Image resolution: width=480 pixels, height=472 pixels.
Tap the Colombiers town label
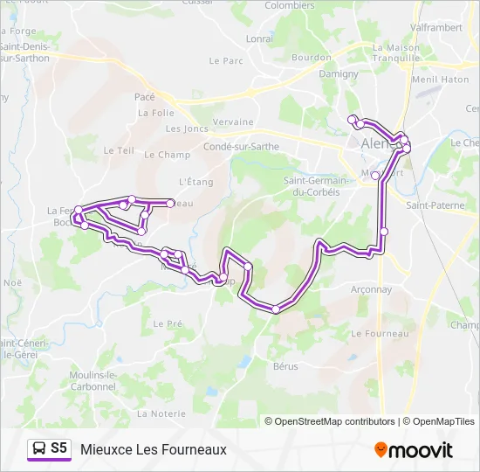(289, 5)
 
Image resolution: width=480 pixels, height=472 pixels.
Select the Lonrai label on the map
(259, 38)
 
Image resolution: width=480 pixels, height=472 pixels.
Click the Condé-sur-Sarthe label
(241, 147)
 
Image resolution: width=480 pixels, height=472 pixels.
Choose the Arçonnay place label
(370, 289)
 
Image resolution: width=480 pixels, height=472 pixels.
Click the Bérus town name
(285, 366)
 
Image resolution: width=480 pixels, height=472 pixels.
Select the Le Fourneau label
(380, 334)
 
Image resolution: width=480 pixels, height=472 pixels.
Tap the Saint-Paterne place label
(435, 205)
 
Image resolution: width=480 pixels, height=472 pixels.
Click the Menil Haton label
(441, 80)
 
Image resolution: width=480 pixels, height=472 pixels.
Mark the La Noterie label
(161, 413)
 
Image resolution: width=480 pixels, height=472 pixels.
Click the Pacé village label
(144, 97)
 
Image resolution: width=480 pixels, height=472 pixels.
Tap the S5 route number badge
(58, 448)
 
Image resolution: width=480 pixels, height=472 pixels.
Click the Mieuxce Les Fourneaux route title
(154, 449)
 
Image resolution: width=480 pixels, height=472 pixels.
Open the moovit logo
(414, 450)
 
